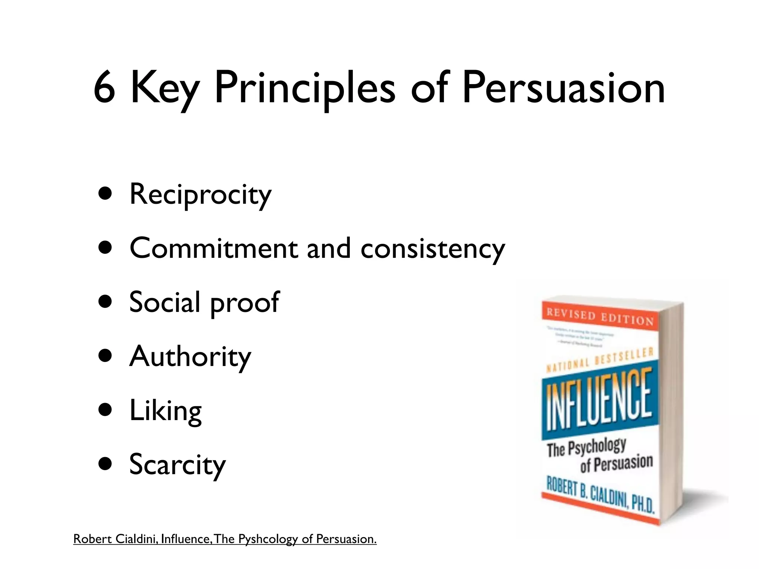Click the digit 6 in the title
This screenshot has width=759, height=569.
tap(105, 88)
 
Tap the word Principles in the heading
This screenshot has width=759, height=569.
tap(305, 89)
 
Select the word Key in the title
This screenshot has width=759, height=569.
tap(165, 89)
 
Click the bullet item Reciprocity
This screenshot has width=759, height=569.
tap(200, 194)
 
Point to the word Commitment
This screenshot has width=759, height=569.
tap(213, 248)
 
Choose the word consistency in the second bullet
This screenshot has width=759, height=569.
tap(432, 249)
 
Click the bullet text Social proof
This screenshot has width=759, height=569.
tap(204, 302)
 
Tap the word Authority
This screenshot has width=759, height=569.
tap(190, 356)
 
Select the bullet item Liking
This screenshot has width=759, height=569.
tap(165, 410)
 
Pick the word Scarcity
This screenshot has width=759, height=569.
tap(177, 465)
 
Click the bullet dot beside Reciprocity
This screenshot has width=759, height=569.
tap(106, 193)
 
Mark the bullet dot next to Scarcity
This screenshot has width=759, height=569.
tap(106, 464)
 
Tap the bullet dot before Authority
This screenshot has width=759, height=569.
tap(106, 356)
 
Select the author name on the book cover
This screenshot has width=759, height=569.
tap(600, 495)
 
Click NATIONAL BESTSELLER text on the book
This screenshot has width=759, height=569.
tap(600, 359)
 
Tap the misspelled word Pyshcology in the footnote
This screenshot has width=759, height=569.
tap(268, 539)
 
